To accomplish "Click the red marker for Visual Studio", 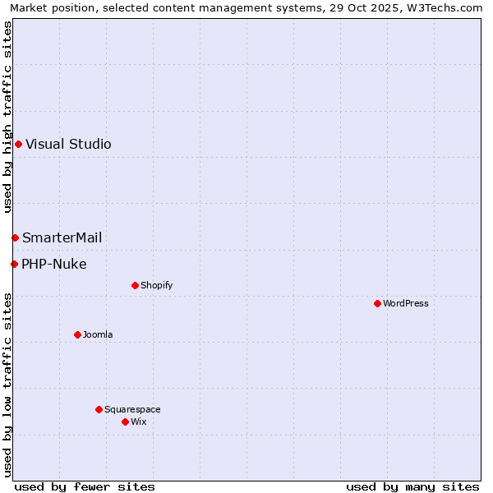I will click(x=18, y=145).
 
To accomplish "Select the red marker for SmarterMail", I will click(x=15, y=238).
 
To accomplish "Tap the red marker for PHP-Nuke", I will click(x=14, y=265).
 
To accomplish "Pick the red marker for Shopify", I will click(x=135, y=286).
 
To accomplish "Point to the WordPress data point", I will click(x=377, y=304).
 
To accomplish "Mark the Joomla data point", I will click(x=77, y=335).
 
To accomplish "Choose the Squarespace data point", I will click(x=99, y=410).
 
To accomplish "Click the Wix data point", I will click(x=125, y=422).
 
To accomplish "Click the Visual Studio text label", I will click(x=68, y=145).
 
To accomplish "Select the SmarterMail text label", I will click(x=62, y=238).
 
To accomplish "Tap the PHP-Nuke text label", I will click(x=53, y=265).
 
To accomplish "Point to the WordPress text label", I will click(x=406, y=304).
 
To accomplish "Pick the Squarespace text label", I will click(x=132, y=410).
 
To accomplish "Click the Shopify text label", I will click(x=156, y=286).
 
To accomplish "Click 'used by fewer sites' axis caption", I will click(x=85, y=486).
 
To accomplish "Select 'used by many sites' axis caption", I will click(x=412, y=486).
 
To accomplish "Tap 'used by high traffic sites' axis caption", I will click(x=7, y=117).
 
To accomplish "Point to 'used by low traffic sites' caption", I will click(x=7, y=385).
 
